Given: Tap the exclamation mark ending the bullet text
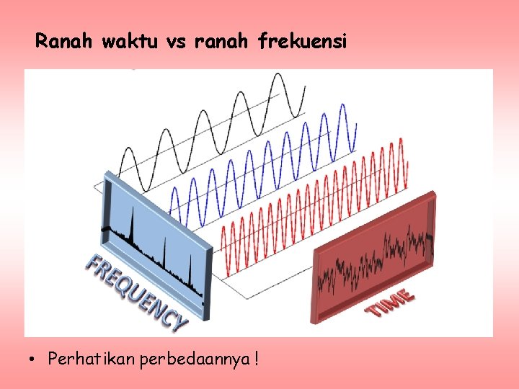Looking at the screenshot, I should pos(257,357).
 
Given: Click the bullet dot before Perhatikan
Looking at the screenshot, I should pos(34,358).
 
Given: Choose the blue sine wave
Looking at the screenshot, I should pos(267,155).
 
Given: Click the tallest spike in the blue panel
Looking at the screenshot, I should pos(133,223).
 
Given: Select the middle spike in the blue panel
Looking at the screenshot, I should pos(164,252).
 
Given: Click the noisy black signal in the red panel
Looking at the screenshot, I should pos(375,259).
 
